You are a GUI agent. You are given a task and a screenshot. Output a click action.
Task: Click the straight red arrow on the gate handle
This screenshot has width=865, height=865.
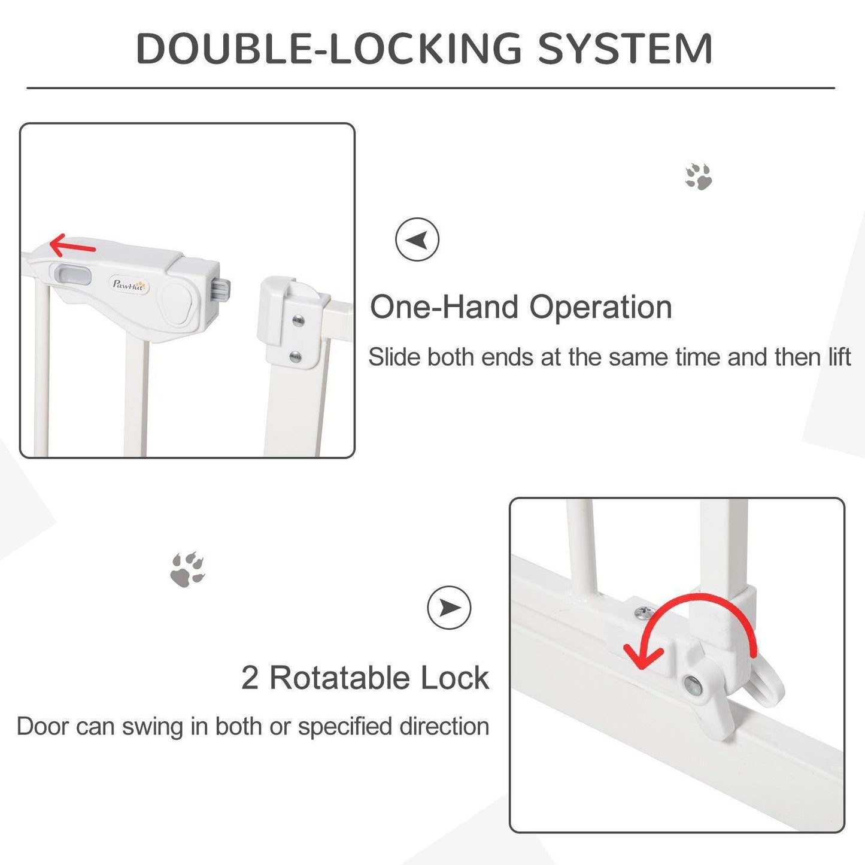click(x=72, y=245)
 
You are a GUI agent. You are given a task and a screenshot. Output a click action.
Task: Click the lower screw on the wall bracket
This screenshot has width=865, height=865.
click(x=296, y=358)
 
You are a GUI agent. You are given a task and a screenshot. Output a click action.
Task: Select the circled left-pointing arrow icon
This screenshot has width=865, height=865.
click(x=417, y=239)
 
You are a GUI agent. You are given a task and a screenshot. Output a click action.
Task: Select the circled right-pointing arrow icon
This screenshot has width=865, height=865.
click(x=449, y=608)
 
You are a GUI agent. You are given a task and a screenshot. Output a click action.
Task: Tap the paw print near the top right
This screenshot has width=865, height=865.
click(x=699, y=177)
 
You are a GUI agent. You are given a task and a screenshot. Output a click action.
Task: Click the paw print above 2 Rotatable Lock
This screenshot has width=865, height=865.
click(x=187, y=570)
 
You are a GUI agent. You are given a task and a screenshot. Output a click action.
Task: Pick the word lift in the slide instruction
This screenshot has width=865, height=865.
click(x=839, y=357)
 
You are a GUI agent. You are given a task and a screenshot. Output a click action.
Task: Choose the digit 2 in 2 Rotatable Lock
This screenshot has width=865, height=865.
click(x=250, y=678)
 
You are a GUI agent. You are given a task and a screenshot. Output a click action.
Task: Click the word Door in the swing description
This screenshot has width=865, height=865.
click(x=43, y=727)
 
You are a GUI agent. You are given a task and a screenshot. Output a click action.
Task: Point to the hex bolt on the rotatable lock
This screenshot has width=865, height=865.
click(x=693, y=684)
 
